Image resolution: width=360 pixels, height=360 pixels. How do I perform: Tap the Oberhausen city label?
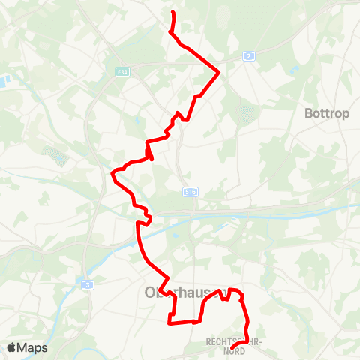tap(180, 291)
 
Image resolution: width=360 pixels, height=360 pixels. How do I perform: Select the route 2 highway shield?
tap(248, 56)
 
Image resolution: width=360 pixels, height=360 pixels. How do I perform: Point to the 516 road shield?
tap(190, 193)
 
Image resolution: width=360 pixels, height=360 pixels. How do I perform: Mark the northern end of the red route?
tap(173, 13)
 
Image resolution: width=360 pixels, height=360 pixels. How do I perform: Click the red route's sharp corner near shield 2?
tap(218, 73)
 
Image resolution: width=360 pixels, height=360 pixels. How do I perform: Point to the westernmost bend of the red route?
tap(112, 175)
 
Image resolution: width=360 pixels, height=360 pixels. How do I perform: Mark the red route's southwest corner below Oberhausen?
tap(169, 322)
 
